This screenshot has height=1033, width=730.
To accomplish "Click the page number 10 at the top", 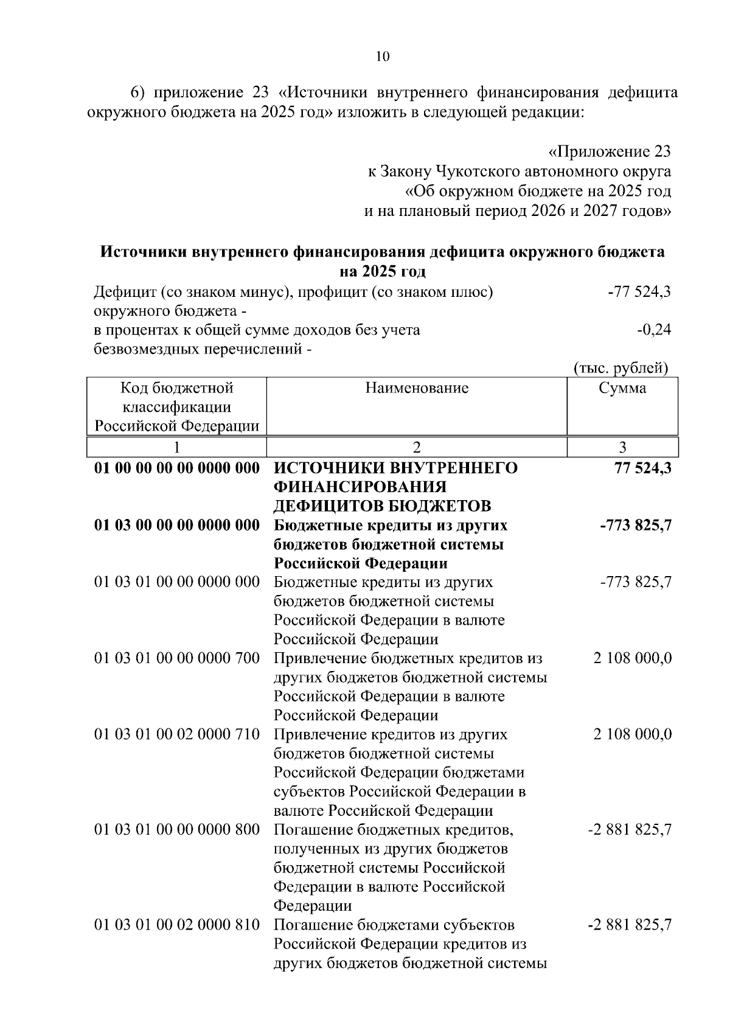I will pos(382,57).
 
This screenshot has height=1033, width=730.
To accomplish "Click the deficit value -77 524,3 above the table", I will pos(639,292).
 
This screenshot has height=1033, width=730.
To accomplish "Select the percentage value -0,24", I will pos(654,330).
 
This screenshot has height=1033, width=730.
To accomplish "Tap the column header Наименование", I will pos(417,388).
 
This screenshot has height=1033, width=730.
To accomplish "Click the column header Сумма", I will pos(622,388).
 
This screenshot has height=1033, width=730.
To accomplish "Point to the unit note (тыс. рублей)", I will pos(621,368).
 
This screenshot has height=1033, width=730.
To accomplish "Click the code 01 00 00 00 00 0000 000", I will pos(177,468).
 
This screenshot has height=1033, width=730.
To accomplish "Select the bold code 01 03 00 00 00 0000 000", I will pos(177,525).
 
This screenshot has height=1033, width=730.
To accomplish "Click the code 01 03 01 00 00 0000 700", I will pos(177,658).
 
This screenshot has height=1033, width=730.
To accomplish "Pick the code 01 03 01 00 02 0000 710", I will pos(177,734).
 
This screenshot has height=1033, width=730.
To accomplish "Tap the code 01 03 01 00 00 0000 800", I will pos(177,830).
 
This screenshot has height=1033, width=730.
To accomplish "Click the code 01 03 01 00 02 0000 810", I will pos(177,925).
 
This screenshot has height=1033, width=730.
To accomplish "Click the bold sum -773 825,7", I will pos(636,525).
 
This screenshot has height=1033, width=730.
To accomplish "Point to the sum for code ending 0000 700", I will pos(633,658).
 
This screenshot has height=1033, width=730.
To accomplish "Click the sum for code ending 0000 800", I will pos(630,830).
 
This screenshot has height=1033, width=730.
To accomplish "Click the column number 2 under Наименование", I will pos(417,448).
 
